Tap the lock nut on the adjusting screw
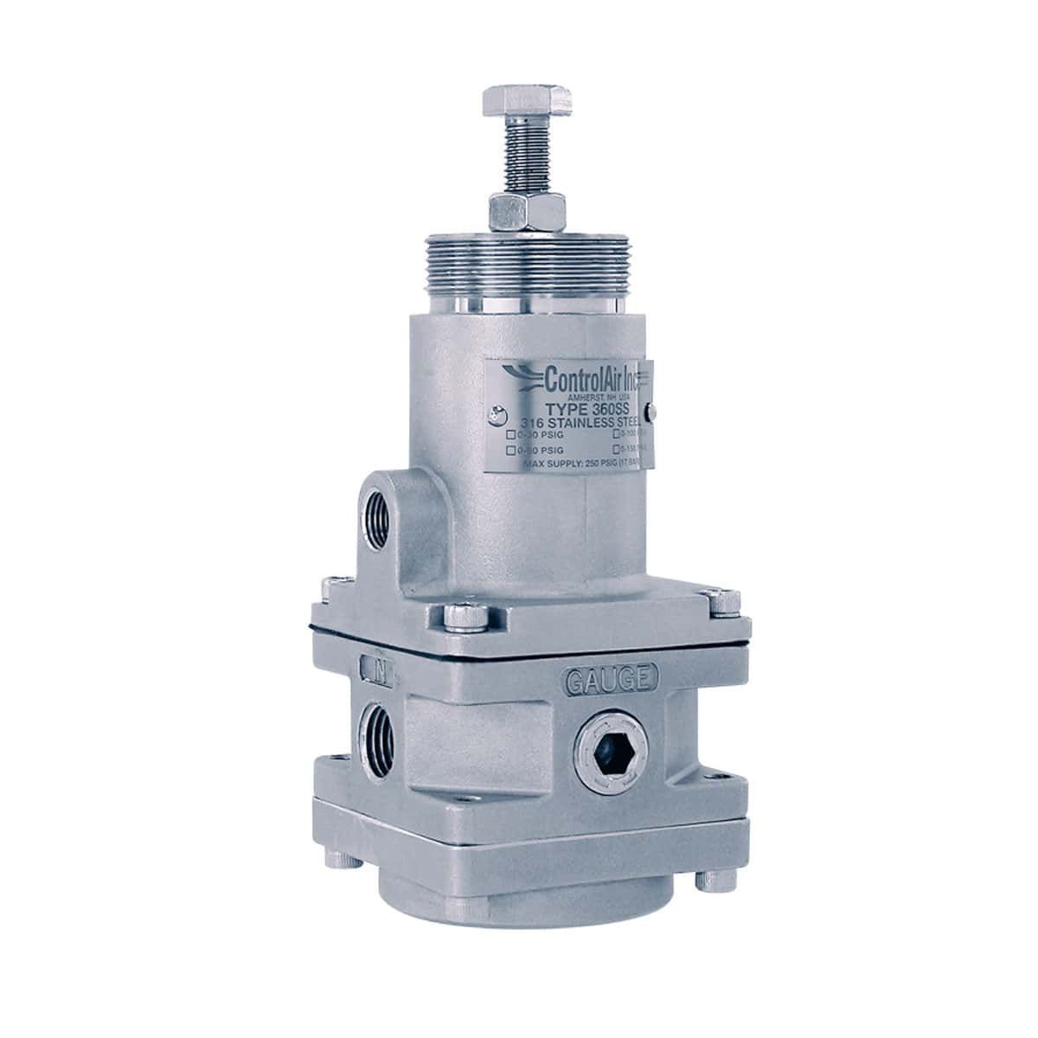(x=516, y=210)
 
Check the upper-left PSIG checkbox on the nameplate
(x=511, y=434)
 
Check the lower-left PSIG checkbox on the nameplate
(x=511, y=451)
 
